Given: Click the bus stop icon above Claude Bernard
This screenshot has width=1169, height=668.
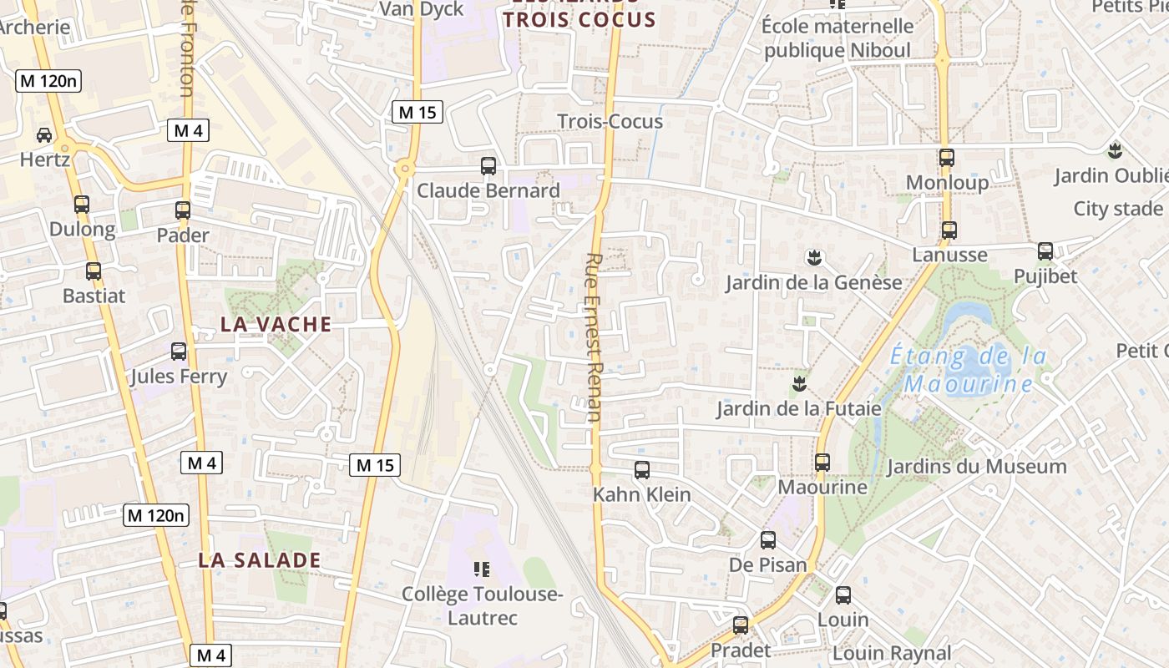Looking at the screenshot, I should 488,166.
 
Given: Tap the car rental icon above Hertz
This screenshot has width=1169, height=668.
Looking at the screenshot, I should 43,134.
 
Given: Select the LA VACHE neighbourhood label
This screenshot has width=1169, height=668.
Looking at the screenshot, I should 276,324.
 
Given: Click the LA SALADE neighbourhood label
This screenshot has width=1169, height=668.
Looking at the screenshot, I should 259,560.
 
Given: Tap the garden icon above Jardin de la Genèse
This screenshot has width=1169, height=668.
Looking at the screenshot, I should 814,257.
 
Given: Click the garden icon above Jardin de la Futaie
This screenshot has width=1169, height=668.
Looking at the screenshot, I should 799,384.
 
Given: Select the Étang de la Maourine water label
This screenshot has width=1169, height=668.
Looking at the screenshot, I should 969,370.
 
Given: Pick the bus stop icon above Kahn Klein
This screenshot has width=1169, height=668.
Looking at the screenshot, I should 641,470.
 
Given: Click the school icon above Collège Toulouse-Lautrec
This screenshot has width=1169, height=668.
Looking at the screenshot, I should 482,569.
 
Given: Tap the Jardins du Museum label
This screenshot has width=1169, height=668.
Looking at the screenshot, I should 976,467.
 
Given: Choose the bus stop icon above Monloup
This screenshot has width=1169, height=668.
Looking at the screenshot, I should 946,158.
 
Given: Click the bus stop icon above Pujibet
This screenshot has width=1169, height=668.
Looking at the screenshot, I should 1045,251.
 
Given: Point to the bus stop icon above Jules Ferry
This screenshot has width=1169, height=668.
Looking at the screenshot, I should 179,352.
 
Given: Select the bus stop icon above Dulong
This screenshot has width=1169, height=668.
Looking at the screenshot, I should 82,205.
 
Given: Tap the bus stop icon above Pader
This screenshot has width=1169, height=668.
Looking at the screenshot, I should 183,210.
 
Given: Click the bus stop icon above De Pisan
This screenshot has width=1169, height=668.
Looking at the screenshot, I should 768,540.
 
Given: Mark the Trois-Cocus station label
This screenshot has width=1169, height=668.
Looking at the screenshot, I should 610,121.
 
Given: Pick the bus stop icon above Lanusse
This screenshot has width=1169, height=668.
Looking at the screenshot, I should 949,230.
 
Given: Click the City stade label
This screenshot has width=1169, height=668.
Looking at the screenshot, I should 1117,209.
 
